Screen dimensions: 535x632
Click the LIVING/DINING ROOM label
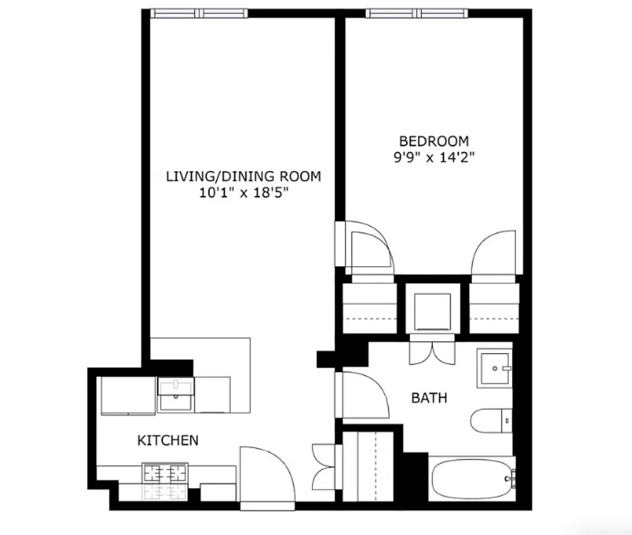pyautogui.click(x=243, y=177)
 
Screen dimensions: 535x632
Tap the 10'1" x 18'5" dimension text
pyautogui.click(x=243, y=193)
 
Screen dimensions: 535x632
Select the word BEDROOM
pyautogui.click(x=433, y=141)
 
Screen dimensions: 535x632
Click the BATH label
pyautogui.click(x=429, y=399)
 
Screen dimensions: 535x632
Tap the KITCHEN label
pyautogui.click(x=167, y=440)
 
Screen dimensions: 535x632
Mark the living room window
pyautogui.click(x=199, y=13)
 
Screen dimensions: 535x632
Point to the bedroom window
pyautogui.click(x=415, y=13)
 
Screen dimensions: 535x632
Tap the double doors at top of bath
pyautogui.click(x=432, y=352)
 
